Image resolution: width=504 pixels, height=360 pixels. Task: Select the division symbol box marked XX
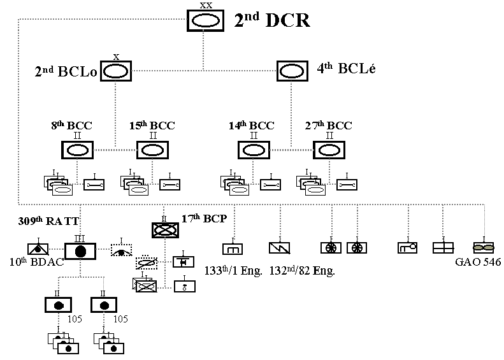click(x=206, y=20)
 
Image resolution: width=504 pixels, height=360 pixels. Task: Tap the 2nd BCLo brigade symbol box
click(x=115, y=71)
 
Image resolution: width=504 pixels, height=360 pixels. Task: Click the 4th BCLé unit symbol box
click(x=292, y=71)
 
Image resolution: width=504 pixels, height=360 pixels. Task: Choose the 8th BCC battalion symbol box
click(x=78, y=150)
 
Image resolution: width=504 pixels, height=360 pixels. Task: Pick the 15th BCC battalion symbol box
click(x=152, y=150)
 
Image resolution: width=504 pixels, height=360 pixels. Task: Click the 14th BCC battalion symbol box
click(x=254, y=150)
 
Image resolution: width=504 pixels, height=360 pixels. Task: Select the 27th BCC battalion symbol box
click(x=329, y=150)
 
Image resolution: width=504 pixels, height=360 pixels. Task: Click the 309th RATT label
click(x=41, y=222)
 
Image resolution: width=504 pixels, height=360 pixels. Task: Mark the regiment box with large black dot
click(x=80, y=251)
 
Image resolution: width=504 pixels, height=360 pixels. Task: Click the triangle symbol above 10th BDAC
click(x=38, y=248)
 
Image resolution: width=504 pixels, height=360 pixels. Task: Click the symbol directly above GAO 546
click(x=484, y=247)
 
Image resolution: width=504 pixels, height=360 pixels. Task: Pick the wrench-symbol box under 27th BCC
click(x=346, y=184)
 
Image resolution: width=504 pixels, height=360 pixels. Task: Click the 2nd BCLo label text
click(x=66, y=72)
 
